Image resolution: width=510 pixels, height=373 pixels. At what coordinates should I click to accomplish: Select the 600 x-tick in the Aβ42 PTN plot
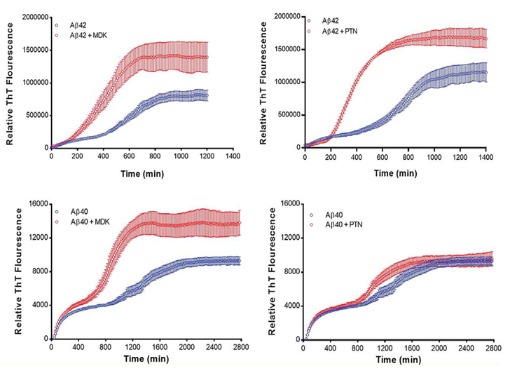(x=385, y=156)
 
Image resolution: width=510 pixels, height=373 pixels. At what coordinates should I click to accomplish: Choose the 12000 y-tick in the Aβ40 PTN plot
(x=288, y=237)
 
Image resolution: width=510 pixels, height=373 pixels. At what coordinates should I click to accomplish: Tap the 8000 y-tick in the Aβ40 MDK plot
(x=38, y=271)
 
